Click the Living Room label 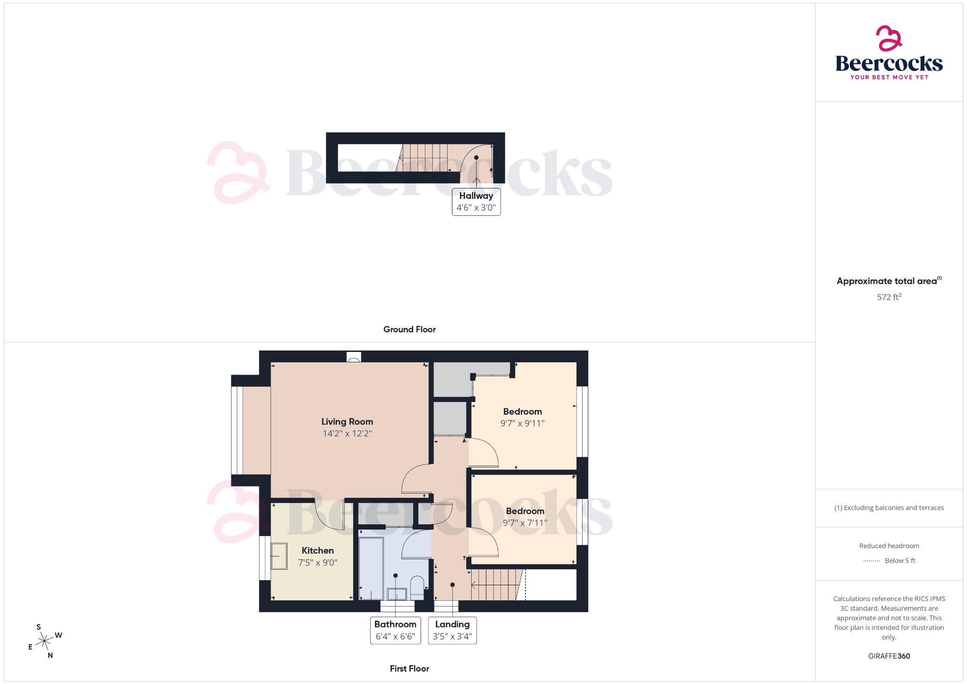(347, 421)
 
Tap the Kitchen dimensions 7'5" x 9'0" (318, 563)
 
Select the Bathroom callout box (395, 630)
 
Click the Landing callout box (452, 630)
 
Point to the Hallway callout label (476, 202)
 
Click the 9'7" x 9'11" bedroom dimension (522, 424)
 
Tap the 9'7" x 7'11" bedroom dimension (525, 523)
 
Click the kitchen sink (279, 556)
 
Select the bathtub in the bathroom (371, 568)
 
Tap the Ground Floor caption (409, 330)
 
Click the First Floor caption (409, 669)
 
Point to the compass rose (45, 641)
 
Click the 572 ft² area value (889, 297)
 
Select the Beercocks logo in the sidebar (889, 53)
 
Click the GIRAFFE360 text (889, 656)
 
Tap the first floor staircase (496, 585)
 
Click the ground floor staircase (424, 158)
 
